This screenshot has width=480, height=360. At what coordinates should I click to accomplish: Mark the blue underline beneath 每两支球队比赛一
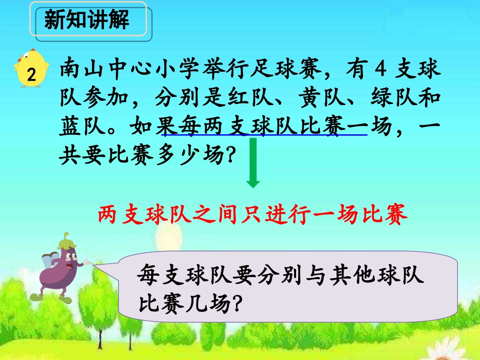[x=263, y=136]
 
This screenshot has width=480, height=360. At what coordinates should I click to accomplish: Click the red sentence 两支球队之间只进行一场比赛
[x=252, y=216]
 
